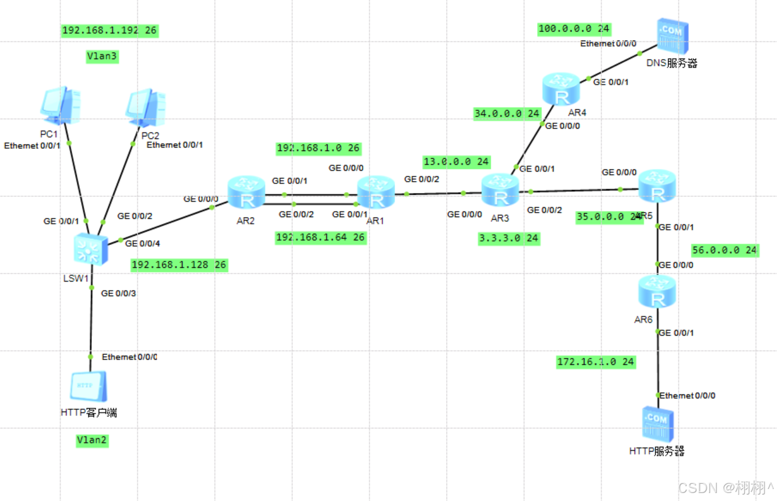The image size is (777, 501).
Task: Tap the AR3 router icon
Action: tap(500, 191)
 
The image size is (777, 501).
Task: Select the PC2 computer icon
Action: tap(146, 108)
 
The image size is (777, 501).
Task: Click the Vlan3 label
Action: tap(102, 56)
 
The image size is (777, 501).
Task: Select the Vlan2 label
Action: tap(92, 440)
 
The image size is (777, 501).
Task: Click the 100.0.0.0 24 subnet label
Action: tap(575, 29)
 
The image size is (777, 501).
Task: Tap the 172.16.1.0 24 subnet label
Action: tap(595, 362)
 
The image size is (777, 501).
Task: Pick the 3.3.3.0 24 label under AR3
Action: tap(509, 238)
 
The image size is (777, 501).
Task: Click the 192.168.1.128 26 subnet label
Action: tap(180, 265)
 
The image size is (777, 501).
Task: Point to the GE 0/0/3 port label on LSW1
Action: tap(118, 294)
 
